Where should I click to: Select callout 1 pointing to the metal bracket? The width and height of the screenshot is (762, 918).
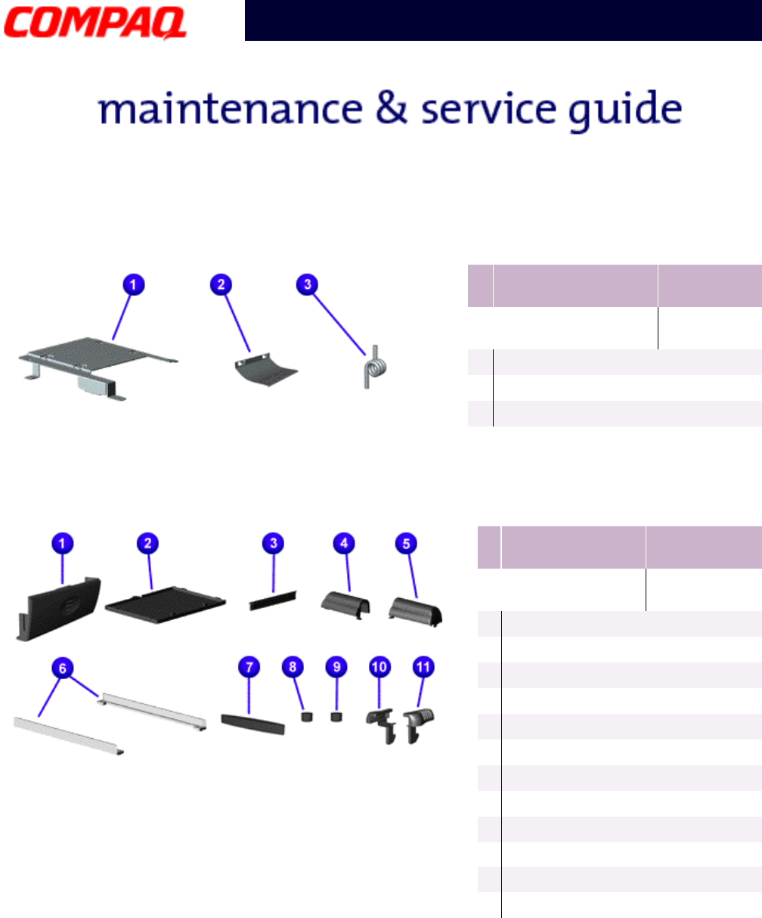click(132, 285)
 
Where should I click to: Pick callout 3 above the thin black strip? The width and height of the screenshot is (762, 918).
click(273, 542)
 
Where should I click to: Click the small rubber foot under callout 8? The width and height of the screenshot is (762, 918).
click(307, 716)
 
